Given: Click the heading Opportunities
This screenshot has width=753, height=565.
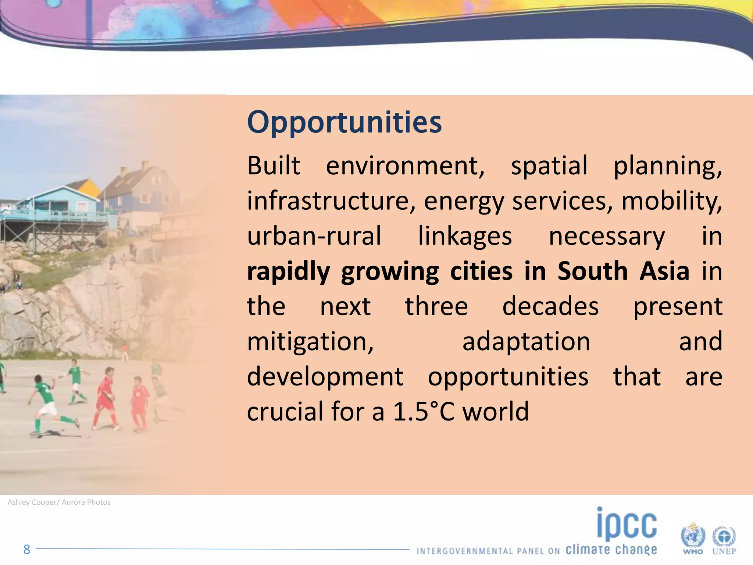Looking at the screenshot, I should [344, 122].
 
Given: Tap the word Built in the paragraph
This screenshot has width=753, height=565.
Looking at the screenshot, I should [274, 166].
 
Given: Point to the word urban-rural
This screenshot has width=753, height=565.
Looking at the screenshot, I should [314, 236].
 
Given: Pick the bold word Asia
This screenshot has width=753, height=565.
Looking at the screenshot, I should [664, 271].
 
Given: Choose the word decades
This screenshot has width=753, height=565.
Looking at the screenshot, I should [550, 306].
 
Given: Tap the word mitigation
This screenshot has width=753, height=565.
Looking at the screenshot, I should [310, 342].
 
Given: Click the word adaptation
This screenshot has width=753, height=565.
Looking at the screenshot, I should [526, 342].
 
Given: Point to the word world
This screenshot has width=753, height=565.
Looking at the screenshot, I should [496, 412].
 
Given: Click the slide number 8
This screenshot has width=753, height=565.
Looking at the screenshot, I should [26, 550].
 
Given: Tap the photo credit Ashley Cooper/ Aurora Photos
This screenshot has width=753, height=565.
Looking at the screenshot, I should [59, 502].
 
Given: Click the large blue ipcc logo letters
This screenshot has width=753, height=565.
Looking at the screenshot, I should [627, 524].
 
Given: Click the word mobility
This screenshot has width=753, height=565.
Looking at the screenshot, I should [671, 201].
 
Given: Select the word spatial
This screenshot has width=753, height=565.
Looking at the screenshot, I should [549, 166].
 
